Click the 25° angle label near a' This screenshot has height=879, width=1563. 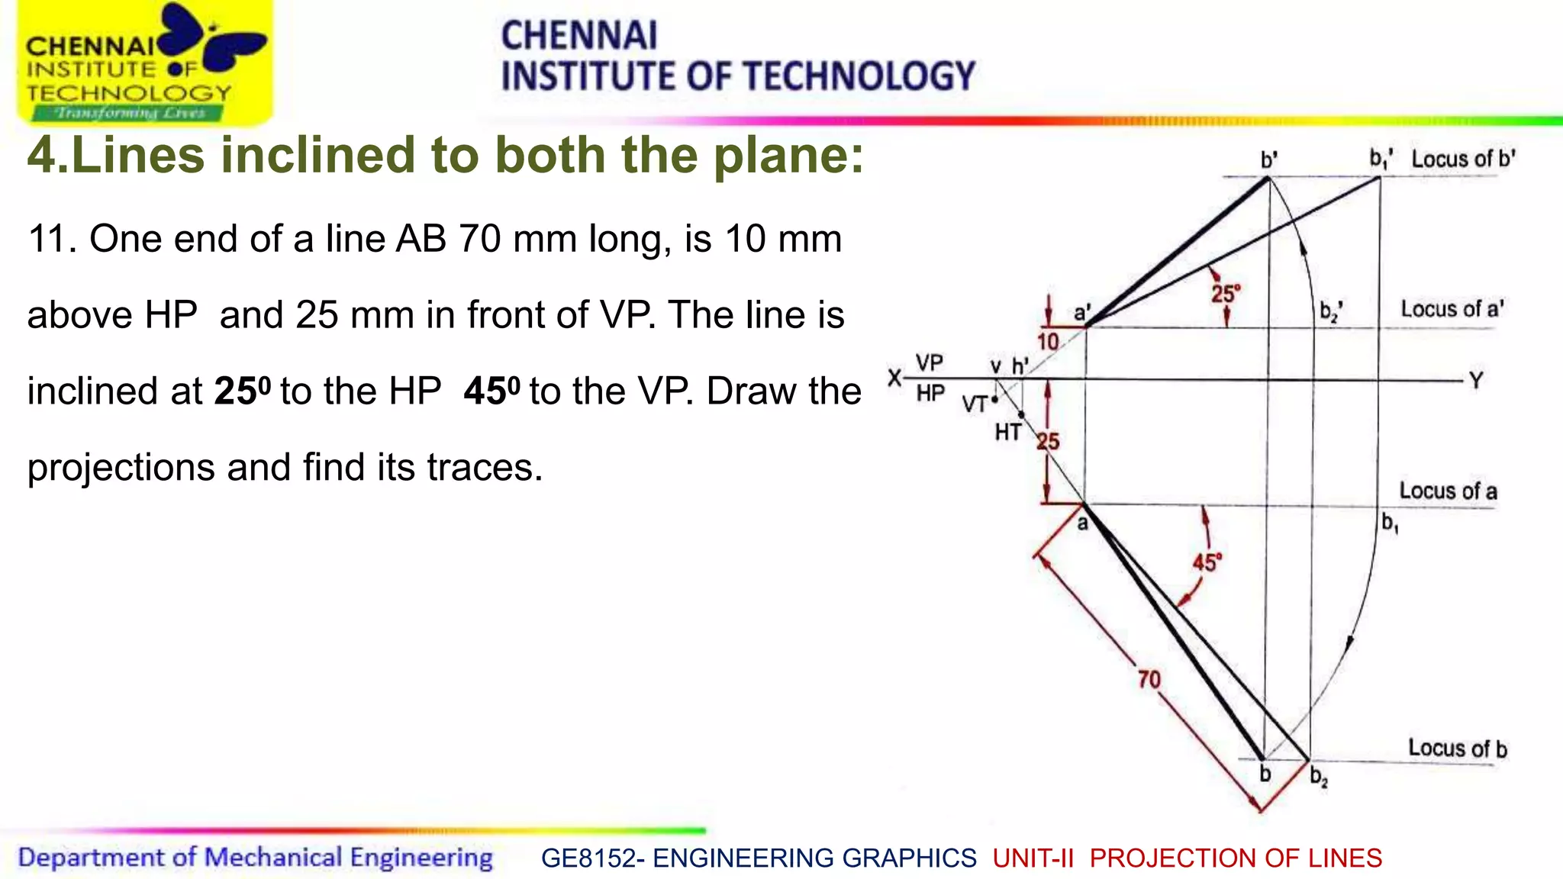[x=1226, y=293]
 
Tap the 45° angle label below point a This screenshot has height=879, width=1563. [x=1207, y=563]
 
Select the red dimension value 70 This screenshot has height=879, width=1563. [x=1149, y=679]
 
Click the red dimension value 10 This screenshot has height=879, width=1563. [x=1048, y=341]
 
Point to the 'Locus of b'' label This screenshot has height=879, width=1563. [x=1463, y=159]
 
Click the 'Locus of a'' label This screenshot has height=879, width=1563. [x=1452, y=309]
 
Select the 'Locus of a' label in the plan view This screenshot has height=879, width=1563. [x=1448, y=491]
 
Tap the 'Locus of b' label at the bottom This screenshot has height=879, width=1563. [x=1457, y=748]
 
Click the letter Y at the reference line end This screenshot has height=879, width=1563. [x=1476, y=380]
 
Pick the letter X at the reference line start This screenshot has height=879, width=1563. [x=894, y=377]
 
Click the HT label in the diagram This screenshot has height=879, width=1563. [x=1007, y=433]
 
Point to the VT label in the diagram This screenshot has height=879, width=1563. [x=975, y=404]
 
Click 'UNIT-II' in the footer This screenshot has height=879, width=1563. [x=1033, y=858]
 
